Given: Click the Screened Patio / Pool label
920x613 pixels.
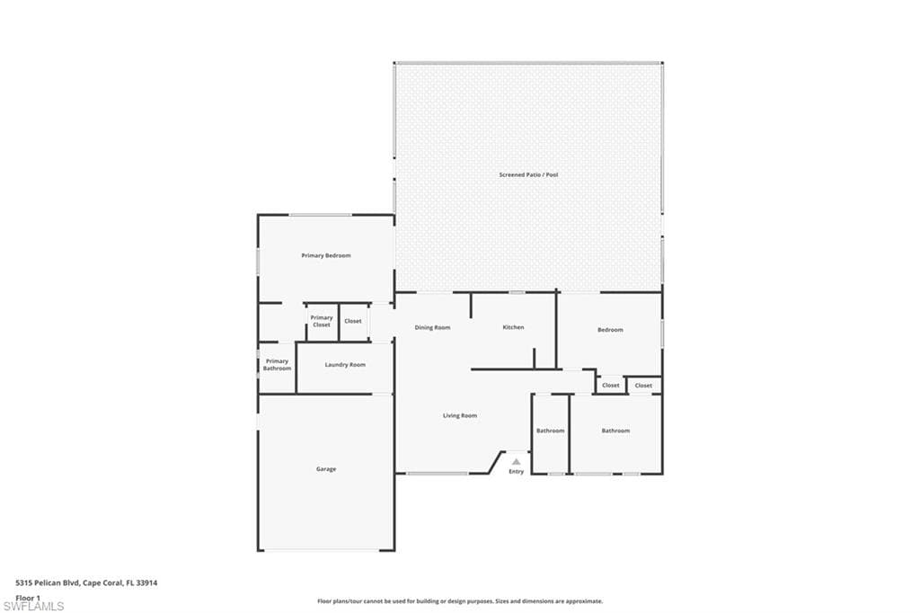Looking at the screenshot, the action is (x=528, y=174).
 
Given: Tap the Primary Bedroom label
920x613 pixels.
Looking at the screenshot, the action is (x=326, y=255).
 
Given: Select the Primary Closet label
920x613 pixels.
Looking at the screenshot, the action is (x=322, y=321).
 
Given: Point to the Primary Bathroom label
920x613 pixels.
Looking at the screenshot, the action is (x=277, y=365).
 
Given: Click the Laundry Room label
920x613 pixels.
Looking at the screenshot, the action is (x=345, y=365).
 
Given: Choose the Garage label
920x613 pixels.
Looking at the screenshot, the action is (x=326, y=469).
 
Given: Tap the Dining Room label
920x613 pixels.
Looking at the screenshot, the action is (x=432, y=328).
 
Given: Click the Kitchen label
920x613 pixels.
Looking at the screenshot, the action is (x=513, y=327).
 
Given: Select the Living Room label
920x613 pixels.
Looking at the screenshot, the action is (x=460, y=416).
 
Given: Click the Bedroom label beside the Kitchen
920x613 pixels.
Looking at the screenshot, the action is (x=610, y=329).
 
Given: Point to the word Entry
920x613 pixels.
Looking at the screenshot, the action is (x=517, y=472).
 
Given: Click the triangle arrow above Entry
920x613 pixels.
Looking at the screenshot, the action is (x=516, y=461).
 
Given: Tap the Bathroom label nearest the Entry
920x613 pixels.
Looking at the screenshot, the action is (x=551, y=431).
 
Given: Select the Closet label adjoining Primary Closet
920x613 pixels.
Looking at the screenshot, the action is (x=353, y=321).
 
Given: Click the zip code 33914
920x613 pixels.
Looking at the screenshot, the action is (x=146, y=583).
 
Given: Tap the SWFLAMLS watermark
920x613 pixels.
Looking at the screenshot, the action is (x=33, y=606).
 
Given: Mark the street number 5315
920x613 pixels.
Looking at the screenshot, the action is (x=23, y=583).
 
